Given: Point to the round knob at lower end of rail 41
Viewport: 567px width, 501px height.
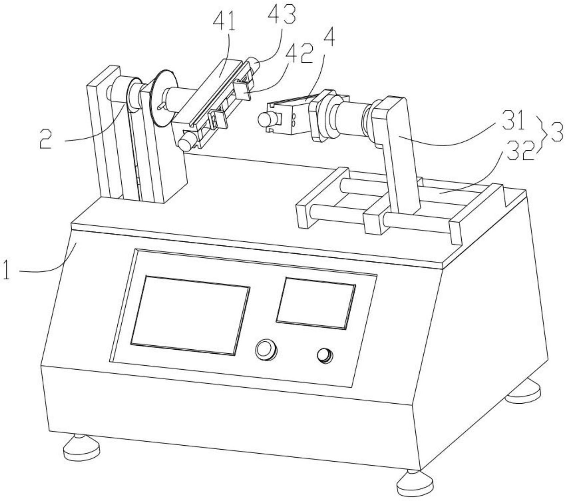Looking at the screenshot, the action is coord(185,141).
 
